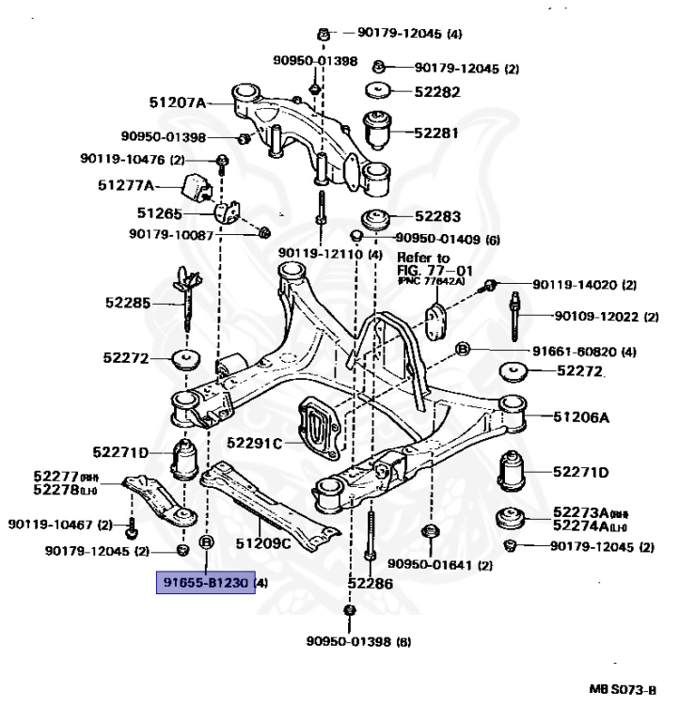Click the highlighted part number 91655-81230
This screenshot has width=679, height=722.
point(205,583)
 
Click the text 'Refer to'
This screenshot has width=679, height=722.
point(423,258)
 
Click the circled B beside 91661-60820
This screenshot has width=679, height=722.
point(463,351)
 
